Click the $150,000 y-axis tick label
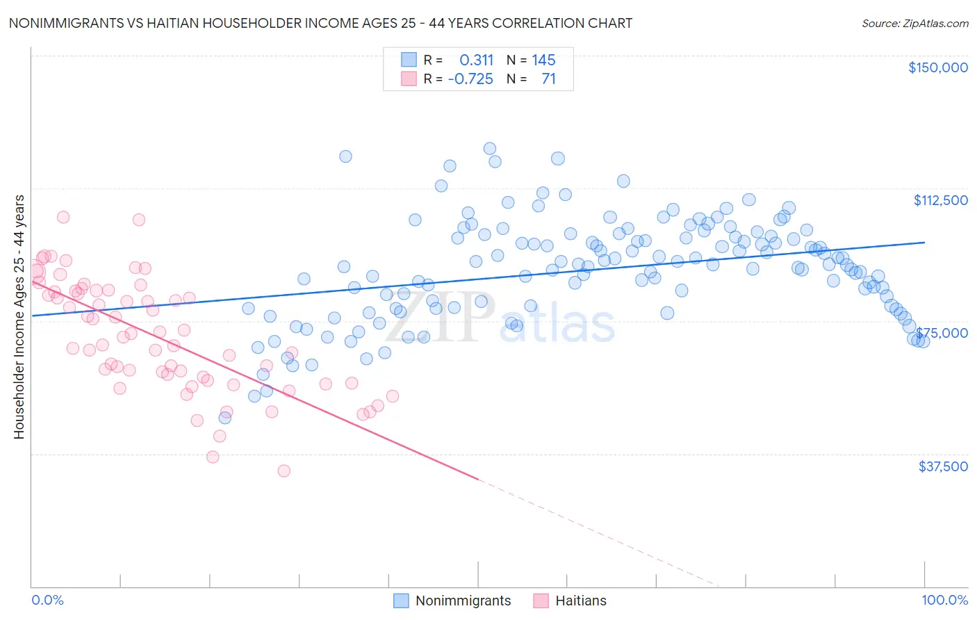[937, 67]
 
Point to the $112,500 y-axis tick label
[940, 200]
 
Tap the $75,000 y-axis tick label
[942, 333]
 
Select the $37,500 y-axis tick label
[943, 466]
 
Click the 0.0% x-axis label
[47, 601]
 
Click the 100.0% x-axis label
[944, 601]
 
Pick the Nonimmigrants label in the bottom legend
[463, 601]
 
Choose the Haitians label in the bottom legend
[580, 601]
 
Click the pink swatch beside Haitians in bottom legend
[541, 601]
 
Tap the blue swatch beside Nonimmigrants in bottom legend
[401, 601]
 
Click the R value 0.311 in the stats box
[476, 60]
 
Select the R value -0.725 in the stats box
[470, 79]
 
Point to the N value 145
[543, 60]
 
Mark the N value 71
[548, 79]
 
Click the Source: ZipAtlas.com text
[914, 23]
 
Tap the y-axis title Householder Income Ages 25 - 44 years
[19, 317]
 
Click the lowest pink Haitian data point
[284, 471]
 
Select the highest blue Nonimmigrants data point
[489, 148]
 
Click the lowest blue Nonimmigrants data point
[225, 418]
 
